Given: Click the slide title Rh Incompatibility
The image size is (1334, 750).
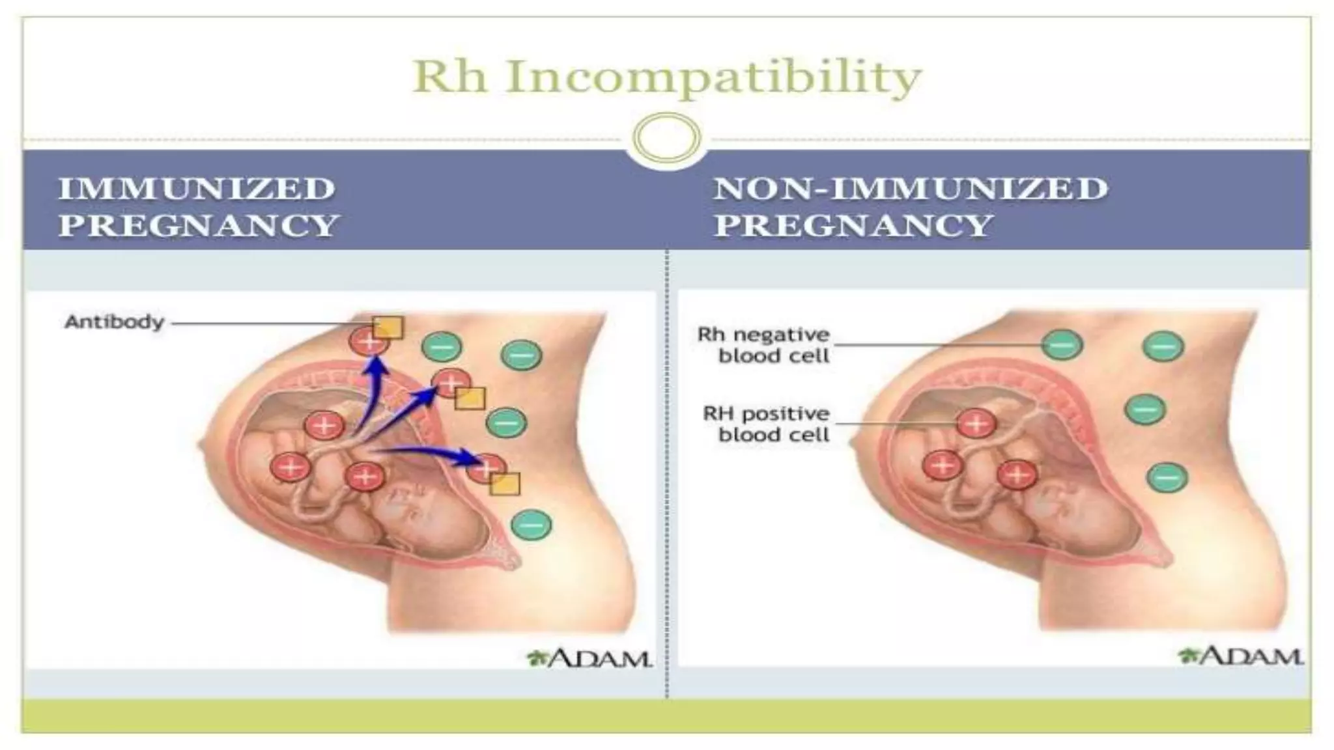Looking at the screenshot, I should click(x=667, y=77).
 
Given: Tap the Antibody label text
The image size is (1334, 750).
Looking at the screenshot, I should click(x=114, y=322).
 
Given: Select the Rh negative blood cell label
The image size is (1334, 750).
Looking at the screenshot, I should click(x=763, y=345).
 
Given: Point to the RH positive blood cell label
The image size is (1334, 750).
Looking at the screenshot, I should click(x=766, y=424).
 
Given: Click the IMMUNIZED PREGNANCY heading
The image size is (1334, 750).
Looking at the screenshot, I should click(x=199, y=207).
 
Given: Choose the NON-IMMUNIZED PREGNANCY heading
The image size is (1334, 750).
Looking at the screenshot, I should click(x=911, y=207).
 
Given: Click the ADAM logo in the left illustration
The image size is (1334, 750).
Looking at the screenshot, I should click(x=589, y=658).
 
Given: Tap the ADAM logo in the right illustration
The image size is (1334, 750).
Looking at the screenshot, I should click(x=1240, y=656).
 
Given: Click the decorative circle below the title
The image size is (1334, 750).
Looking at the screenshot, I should click(x=666, y=138).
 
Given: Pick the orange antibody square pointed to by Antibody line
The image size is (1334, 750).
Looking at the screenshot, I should click(x=388, y=327).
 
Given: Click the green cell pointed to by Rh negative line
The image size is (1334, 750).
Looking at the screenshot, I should click(x=1062, y=344).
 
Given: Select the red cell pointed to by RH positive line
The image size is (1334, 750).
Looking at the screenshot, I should click(x=976, y=424).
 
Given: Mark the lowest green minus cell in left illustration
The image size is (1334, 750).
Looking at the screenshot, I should click(x=532, y=524).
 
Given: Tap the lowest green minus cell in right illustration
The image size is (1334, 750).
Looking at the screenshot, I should click(x=1167, y=477).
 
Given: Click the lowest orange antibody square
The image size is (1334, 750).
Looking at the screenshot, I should click(x=505, y=484).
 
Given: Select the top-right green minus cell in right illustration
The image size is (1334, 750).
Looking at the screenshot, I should click(x=1163, y=346).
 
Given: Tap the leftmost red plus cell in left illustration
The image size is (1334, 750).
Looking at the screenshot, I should click(x=291, y=467).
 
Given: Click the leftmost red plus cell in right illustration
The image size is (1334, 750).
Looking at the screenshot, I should click(x=943, y=465).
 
